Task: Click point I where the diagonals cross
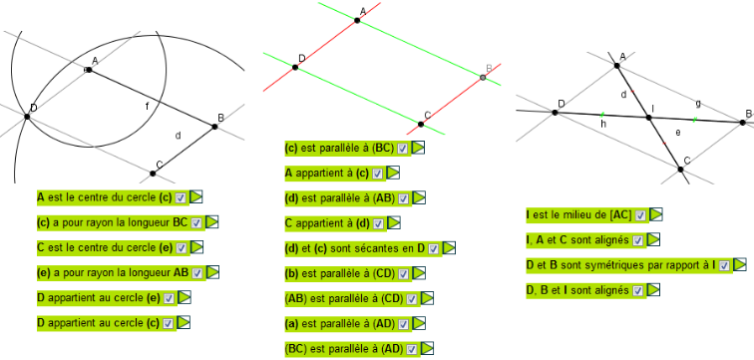[647, 117]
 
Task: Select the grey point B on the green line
[483, 78]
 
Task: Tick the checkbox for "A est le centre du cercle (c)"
[181, 197]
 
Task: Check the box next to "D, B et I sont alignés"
[638, 290]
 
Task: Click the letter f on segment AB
[148, 107]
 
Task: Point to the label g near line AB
[698, 103]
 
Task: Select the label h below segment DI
[603, 124]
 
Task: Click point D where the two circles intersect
[27, 117]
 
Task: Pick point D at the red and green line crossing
[295, 67]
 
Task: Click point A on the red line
[357, 20]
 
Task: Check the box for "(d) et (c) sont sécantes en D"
[433, 249]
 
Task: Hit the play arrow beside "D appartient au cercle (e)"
[185, 297]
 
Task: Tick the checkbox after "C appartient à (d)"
[378, 223]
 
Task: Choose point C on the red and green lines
[421, 124]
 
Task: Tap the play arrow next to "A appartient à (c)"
[394, 173]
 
